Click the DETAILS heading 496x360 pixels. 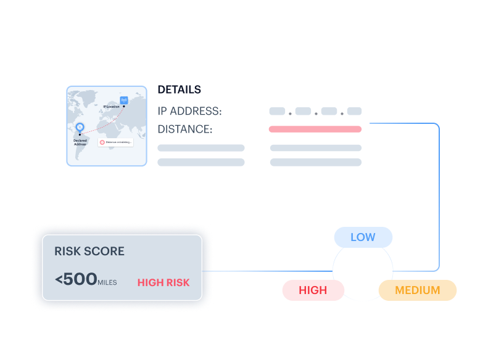tap(179, 89)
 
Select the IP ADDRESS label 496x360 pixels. tap(189, 112)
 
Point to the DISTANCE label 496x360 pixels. tap(184, 129)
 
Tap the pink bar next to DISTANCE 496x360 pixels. tap(315, 129)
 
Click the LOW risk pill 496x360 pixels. tap(363, 237)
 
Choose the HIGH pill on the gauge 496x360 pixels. tap(313, 290)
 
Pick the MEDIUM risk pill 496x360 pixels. tap(418, 290)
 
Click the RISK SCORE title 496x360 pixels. tap(89, 252)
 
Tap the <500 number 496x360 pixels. tap(75, 279)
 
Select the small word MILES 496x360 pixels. tap(107, 282)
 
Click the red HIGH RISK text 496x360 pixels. tap(163, 282)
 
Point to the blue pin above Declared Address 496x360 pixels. tap(80, 127)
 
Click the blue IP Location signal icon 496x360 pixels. tap(123, 99)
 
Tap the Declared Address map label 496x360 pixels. tap(80, 142)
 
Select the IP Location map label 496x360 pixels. tap(111, 107)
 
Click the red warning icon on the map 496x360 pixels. tap(102, 142)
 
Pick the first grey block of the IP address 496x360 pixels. tap(277, 112)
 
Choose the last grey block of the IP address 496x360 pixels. tap(354, 112)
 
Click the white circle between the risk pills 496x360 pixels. tap(363, 269)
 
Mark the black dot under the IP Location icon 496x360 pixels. tap(123, 106)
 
